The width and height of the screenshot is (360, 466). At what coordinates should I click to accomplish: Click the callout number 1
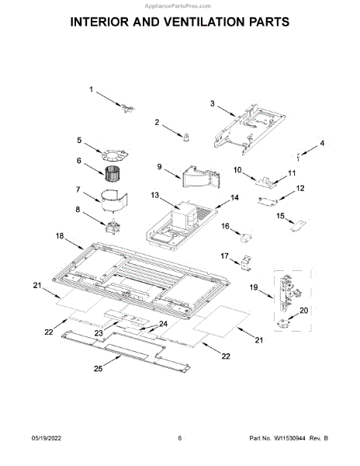coord(92,89)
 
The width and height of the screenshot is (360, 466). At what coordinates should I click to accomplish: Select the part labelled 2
coord(186,137)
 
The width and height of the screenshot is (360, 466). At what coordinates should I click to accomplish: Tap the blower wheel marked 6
coord(112,173)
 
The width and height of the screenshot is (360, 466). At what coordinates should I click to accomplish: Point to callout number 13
coord(154,195)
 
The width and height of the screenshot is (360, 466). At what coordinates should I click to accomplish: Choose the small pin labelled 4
coord(298,156)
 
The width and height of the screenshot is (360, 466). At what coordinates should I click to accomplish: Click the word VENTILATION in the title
coord(209,22)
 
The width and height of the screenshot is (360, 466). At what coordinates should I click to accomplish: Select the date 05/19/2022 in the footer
coord(47,438)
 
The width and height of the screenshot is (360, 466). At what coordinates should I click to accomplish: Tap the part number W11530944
coord(289,438)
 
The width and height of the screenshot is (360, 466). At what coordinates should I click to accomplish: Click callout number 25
coord(99,368)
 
